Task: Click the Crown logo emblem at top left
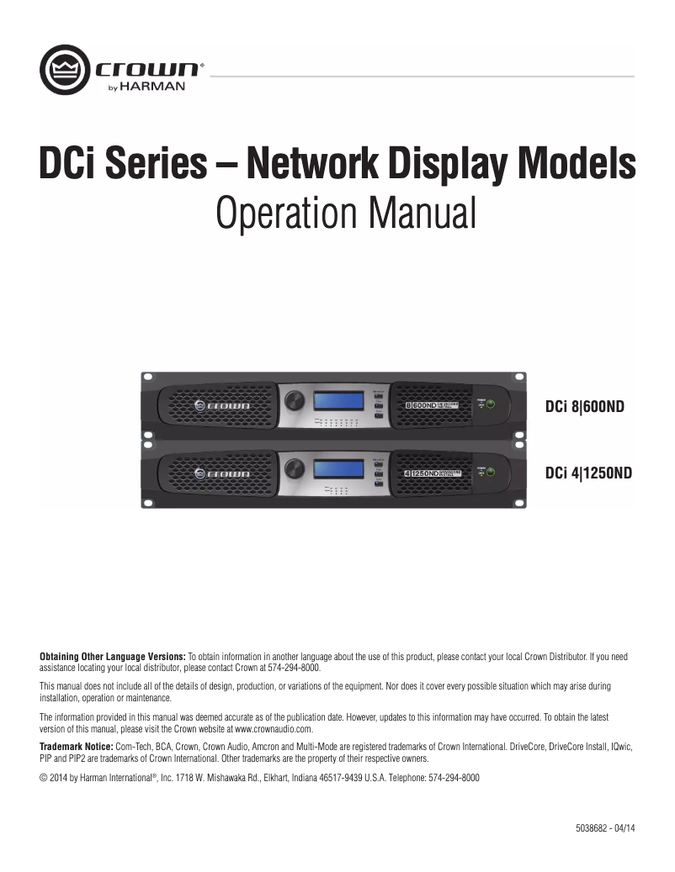click(x=65, y=70)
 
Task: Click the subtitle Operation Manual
click(x=346, y=213)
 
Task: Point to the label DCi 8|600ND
click(x=585, y=407)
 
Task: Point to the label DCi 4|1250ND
click(x=588, y=473)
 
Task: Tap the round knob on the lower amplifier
click(x=295, y=468)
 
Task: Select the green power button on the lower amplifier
click(x=490, y=473)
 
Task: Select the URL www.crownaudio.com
click(x=274, y=728)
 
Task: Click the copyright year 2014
click(x=58, y=778)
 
